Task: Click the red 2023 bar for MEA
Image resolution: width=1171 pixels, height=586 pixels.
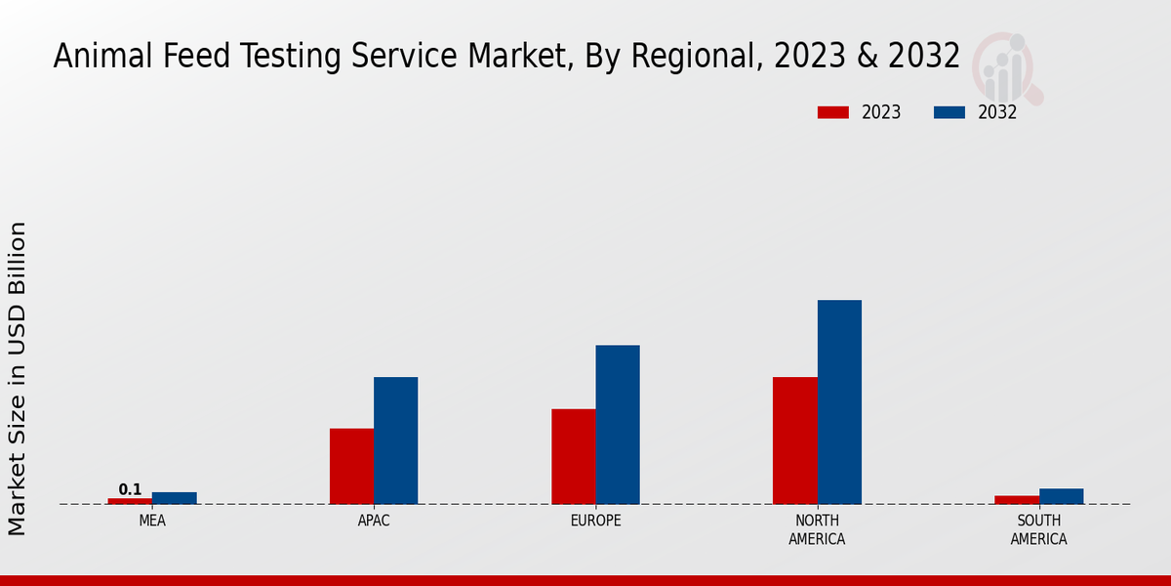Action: [x=130, y=501]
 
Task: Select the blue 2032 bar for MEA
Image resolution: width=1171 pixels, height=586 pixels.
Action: [x=174, y=498]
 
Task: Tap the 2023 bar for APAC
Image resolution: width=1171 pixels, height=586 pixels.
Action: [x=351, y=466]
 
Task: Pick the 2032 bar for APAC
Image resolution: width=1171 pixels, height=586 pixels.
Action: [x=395, y=440]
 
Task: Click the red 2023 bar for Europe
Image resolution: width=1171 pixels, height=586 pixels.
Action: [x=573, y=456]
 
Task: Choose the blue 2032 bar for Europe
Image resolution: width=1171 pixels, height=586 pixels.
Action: [x=618, y=425]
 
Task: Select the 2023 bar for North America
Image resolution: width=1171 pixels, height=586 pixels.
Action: [x=794, y=440]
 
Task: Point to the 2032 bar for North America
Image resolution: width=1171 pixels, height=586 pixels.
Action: [x=839, y=401]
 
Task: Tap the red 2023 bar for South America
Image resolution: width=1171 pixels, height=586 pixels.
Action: [x=1017, y=500]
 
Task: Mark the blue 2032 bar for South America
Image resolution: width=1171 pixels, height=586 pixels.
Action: [x=1061, y=496]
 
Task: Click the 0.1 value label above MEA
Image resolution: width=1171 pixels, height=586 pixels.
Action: [x=130, y=489]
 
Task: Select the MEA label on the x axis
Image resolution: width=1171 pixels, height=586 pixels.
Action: [x=152, y=522]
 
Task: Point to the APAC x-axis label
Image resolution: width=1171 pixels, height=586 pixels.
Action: [x=374, y=522]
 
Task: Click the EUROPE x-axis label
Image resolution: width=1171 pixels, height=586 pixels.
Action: [x=595, y=522]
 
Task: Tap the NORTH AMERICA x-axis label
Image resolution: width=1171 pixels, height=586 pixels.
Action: [x=817, y=530]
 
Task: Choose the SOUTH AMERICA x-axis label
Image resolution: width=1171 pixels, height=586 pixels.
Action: [x=1038, y=530]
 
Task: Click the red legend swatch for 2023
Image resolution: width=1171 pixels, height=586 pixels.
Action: [x=832, y=112]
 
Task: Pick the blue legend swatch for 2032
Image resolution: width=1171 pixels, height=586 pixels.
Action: [x=949, y=112]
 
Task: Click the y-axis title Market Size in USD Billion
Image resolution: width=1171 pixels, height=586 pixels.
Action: [x=18, y=378]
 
